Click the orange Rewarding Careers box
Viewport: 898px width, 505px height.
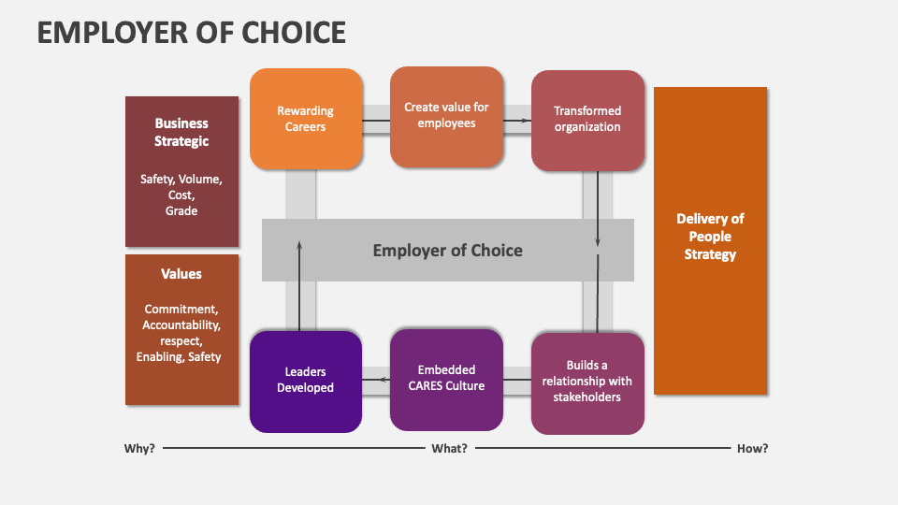(x=306, y=119)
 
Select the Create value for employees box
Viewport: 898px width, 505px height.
(x=446, y=116)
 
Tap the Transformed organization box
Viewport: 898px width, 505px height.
(x=587, y=120)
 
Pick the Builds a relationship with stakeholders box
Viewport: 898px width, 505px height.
(x=587, y=382)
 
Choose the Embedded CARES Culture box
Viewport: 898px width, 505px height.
(x=446, y=378)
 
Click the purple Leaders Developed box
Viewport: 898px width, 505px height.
(x=306, y=381)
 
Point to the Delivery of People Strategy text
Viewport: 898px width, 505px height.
(x=710, y=237)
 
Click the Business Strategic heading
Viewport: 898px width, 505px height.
(x=181, y=132)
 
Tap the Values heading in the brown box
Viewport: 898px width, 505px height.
(x=181, y=274)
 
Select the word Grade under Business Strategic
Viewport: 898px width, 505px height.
(x=181, y=210)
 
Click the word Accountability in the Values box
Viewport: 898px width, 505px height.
(x=181, y=325)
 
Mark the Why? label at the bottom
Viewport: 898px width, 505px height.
(x=139, y=448)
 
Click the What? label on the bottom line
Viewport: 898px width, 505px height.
(x=449, y=448)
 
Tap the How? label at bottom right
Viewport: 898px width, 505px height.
(x=752, y=448)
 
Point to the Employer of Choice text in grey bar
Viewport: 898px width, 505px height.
(x=447, y=250)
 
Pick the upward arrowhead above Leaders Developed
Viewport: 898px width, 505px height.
(x=299, y=245)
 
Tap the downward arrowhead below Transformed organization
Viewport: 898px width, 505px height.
(x=598, y=244)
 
